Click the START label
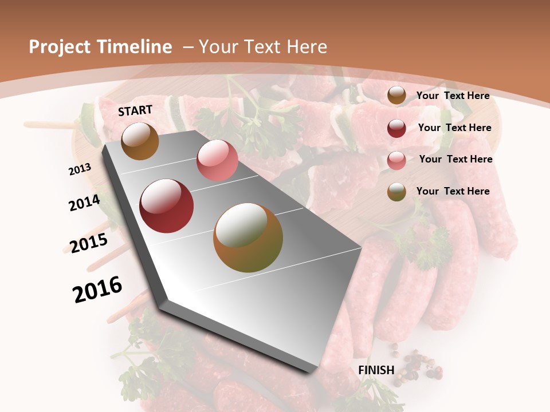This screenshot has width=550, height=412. [135, 110]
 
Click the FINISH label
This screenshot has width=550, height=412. [376, 370]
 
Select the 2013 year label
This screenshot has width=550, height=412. [80, 169]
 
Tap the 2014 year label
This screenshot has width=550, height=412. [84, 203]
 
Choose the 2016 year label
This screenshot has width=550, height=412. [97, 289]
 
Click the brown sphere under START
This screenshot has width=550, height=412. [140, 141]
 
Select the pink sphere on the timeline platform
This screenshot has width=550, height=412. [217, 160]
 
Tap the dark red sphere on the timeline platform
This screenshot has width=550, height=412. [167, 206]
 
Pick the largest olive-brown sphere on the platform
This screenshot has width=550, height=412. [248, 237]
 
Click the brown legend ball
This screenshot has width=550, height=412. [396, 96]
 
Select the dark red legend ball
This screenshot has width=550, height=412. [396, 128]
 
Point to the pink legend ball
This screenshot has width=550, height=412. [396, 160]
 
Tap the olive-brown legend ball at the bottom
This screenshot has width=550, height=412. [396, 192]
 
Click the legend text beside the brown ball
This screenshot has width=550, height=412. [453, 96]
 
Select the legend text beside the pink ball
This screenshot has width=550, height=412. [455, 159]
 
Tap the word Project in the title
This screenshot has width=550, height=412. [59, 47]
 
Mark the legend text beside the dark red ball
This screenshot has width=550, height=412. [454, 128]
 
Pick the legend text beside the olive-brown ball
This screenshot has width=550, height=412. [453, 191]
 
